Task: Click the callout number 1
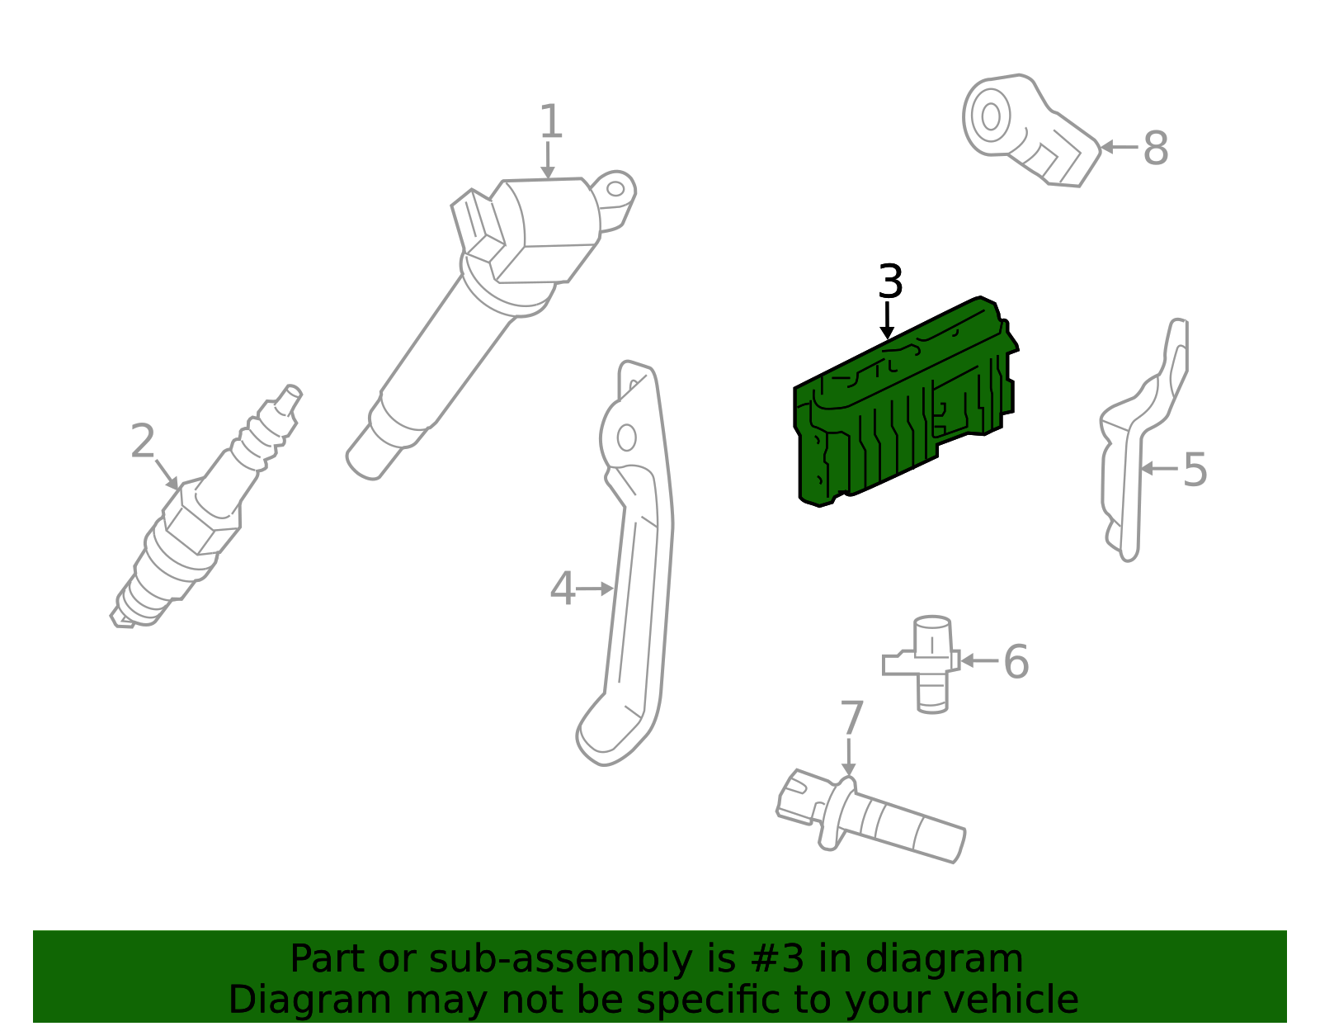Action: (550, 121)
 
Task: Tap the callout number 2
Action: (143, 441)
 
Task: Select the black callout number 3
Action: (890, 282)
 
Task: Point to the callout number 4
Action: (563, 588)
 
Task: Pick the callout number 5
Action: (1195, 470)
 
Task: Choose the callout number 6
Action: (1016, 662)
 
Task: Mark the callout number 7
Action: (851, 717)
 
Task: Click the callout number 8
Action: (1155, 148)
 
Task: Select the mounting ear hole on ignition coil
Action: (615, 188)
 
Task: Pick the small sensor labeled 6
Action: (923, 664)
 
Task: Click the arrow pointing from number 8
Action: (1119, 147)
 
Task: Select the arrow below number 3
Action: (887, 320)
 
